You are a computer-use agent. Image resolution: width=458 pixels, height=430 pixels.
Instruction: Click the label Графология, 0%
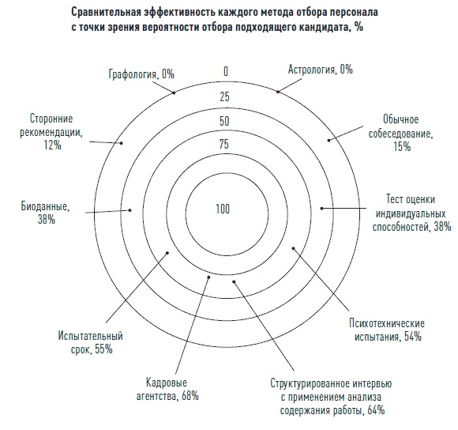141,74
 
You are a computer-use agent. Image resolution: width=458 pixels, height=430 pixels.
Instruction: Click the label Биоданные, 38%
44,214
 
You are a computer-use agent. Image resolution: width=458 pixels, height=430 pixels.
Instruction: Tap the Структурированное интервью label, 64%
325,397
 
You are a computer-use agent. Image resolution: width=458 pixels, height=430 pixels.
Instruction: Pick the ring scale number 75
225,144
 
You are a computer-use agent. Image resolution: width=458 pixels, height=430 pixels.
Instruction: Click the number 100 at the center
223,209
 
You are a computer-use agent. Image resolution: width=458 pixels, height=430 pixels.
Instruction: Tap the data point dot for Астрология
278,92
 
